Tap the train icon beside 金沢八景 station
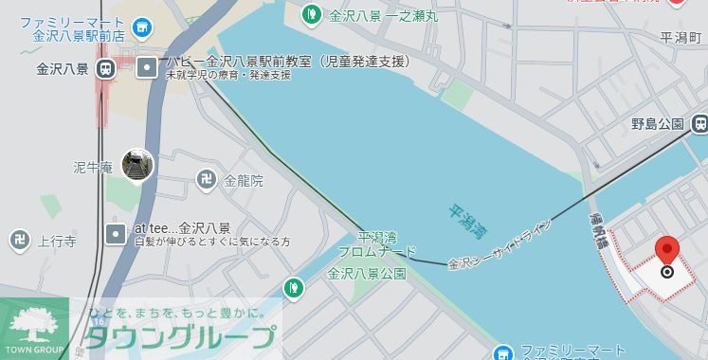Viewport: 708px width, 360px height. tap(104, 68)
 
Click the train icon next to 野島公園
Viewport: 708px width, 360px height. tap(699, 123)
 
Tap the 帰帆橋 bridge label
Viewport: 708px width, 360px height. tap(599, 230)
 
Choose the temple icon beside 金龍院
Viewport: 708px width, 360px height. tap(207, 179)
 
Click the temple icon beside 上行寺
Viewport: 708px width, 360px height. tap(20, 241)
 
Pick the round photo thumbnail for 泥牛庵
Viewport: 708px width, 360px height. tap(137, 166)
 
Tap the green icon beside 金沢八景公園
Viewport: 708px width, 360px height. tap(295, 285)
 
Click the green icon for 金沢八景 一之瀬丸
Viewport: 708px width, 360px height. tap(311, 13)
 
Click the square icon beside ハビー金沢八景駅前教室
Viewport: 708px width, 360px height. tap(147, 67)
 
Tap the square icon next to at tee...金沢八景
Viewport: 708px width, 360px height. tap(116, 233)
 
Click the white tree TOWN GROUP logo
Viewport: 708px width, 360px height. tap(35, 322)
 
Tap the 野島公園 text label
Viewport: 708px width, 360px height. tap(657, 124)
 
